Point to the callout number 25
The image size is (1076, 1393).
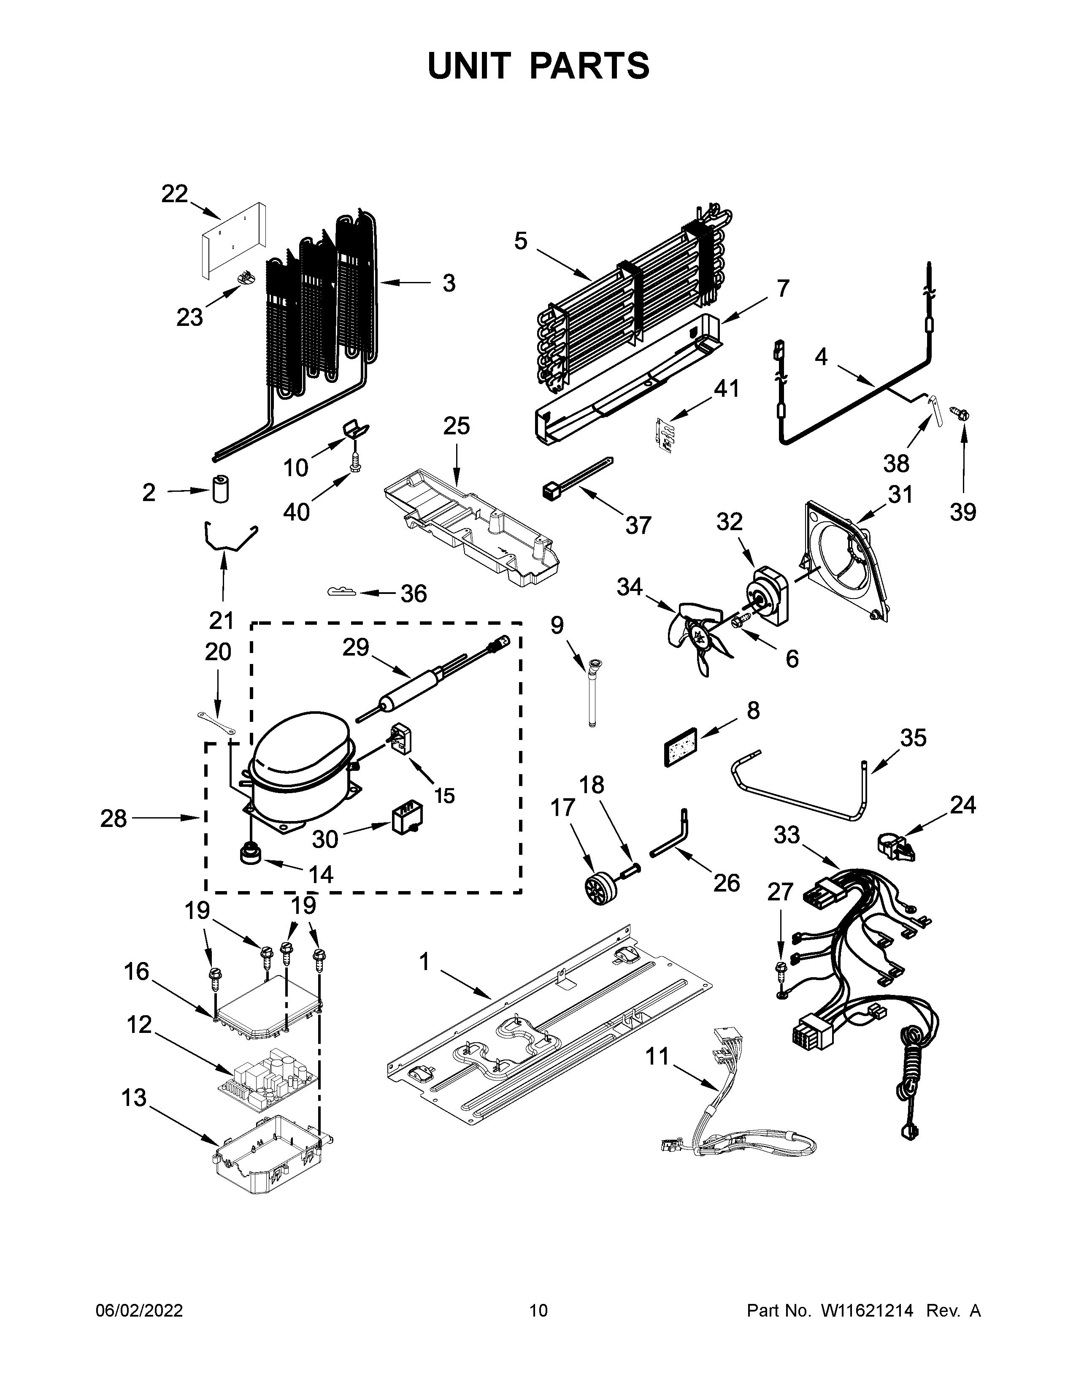[x=457, y=425]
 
